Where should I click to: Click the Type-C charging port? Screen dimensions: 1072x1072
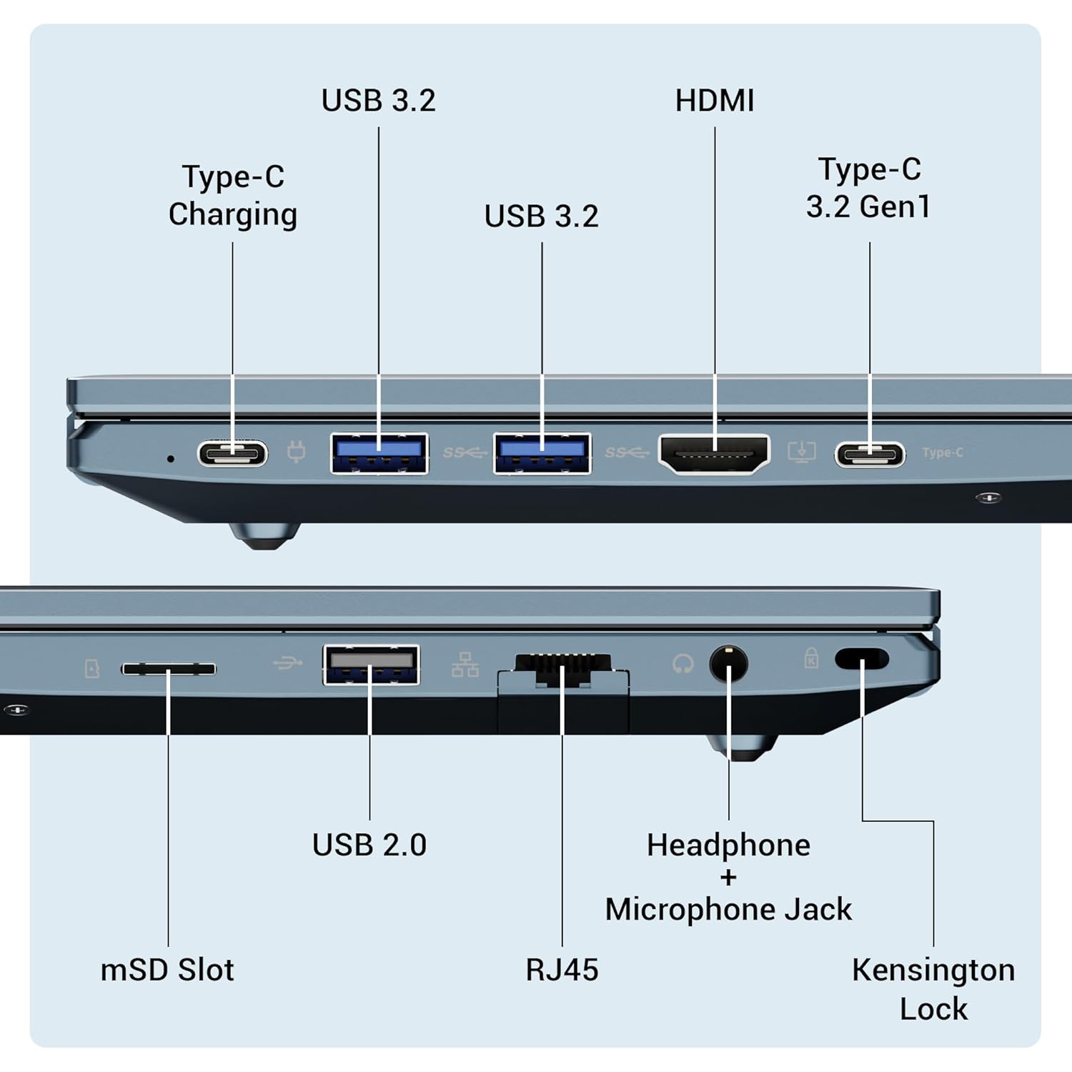pyautogui.click(x=233, y=453)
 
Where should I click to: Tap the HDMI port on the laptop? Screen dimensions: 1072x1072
pyautogui.click(x=714, y=454)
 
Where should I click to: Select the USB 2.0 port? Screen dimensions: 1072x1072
pyautogui.click(x=371, y=665)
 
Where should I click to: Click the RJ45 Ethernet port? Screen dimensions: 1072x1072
pyautogui.click(x=563, y=672)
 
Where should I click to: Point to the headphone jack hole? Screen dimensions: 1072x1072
pyautogui.click(x=728, y=664)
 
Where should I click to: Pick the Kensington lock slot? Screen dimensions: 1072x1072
pyautogui.click(x=862, y=658)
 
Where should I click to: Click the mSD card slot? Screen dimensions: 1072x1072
pyautogui.click(x=169, y=669)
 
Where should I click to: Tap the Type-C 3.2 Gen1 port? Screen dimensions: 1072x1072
pyautogui.click(x=870, y=454)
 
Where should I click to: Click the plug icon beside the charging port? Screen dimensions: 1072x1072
pyautogui.click(x=296, y=452)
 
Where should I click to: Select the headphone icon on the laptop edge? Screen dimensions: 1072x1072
pyautogui.click(x=683, y=664)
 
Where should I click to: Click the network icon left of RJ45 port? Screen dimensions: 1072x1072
pyautogui.click(x=465, y=665)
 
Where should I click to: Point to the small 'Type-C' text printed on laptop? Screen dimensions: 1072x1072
pyautogui.click(x=943, y=452)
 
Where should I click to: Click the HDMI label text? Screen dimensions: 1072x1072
pyautogui.click(x=715, y=101)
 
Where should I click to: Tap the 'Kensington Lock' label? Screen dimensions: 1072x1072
pyautogui.click(x=933, y=989)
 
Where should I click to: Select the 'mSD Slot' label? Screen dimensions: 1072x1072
pyautogui.click(x=167, y=970)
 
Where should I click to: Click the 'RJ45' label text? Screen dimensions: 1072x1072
pyautogui.click(x=562, y=970)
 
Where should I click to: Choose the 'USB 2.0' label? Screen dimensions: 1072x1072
pyautogui.click(x=369, y=845)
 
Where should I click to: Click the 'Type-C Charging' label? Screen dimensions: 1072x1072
pyautogui.click(x=233, y=195)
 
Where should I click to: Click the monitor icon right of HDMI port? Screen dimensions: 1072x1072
pyautogui.click(x=801, y=452)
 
